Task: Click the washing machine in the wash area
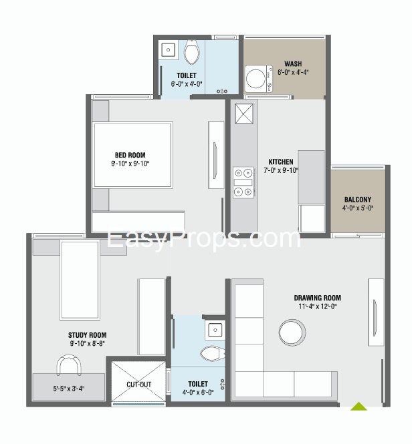[x=258, y=79]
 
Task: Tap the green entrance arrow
[x=358, y=407]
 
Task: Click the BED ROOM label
[x=130, y=155]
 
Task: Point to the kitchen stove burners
[x=243, y=182]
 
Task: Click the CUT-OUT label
[x=138, y=385]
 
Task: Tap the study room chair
[x=69, y=365]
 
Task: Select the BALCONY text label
[x=358, y=200]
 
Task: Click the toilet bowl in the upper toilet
[x=191, y=51]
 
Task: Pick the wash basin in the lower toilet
[x=215, y=330]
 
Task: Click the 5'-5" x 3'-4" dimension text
[x=69, y=389]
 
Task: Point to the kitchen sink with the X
[x=244, y=114]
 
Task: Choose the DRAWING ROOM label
[x=318, y=298]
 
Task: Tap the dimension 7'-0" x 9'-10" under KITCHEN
[x=281, y=170]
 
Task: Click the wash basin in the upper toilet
[x=169, y=50]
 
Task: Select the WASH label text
[x=293, y=63]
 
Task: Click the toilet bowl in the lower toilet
[x=213, y=353]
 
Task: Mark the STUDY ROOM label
[x=87, y=335]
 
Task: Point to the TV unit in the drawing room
[x=376, y=312]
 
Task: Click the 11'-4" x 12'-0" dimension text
[x=318, y=306]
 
